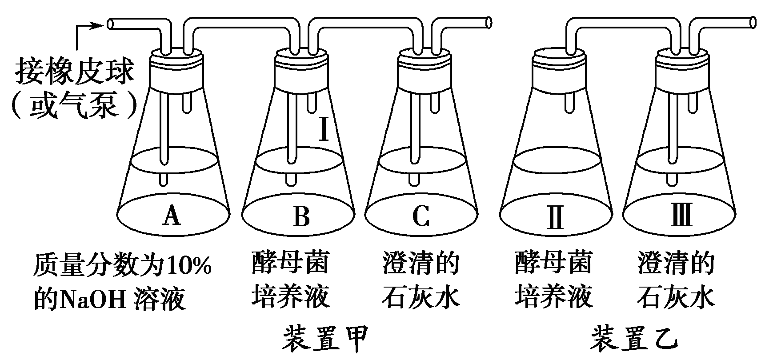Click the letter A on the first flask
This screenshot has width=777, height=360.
tap(172, 216)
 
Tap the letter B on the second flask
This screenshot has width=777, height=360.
tap(301, 216)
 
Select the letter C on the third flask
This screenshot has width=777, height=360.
tap(420, 216)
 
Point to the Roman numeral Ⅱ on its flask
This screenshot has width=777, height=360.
tap(556, 216)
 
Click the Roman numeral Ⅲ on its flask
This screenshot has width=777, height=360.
tap(681, 216)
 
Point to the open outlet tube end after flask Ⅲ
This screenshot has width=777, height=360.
tap(753, 23)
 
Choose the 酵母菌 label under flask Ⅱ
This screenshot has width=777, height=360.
tap(554, 263)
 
